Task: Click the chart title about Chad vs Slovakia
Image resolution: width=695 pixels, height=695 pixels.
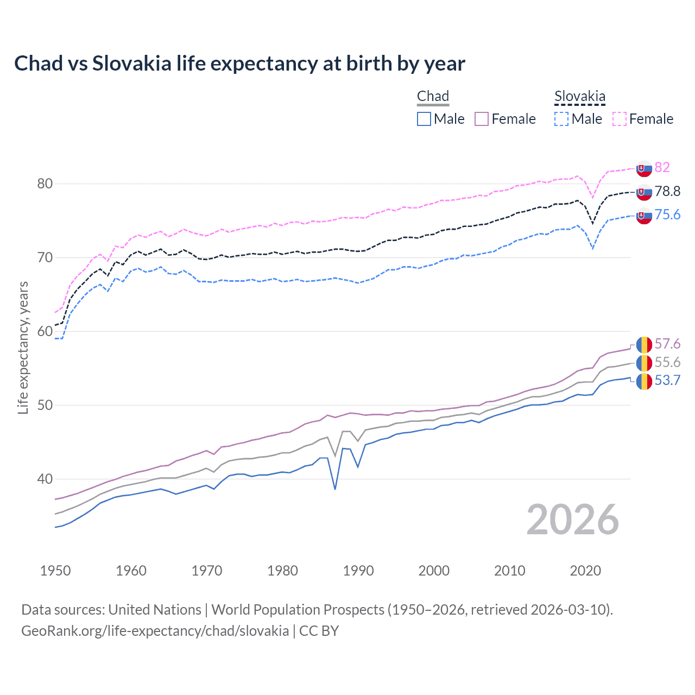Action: pyautogui.click(x=239, y=64)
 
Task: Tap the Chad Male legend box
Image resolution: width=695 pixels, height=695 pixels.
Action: pyautogui.click(x=424, y=119)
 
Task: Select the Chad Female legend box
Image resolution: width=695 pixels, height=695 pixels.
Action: pyautogui.click(x=482, y=119)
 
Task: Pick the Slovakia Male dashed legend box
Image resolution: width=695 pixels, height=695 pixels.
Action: pyautogui.click(x=561, y=119)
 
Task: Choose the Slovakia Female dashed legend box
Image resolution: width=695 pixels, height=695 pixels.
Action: pyautogui.click(x=620, y=119)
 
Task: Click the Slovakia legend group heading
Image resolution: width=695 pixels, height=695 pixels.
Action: pyautogui.click(x=579, y=97)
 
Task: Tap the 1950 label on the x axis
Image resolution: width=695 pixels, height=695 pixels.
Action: pyautogui.click(x=55, y=571)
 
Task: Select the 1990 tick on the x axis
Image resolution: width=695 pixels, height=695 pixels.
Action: pyautogui.click(x=358, y=571)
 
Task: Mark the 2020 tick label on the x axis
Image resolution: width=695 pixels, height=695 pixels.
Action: pyautogui.click(x=585, y=571)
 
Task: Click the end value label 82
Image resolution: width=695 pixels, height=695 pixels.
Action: pyautogui.click(x=662, y=167)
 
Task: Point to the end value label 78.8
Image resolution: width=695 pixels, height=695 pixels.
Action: pyautogui.click(x=667, y=191)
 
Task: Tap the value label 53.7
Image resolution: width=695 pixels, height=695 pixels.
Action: pyautogui.click(x=667, y=380)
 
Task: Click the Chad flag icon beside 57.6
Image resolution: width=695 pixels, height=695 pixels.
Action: pyautogui.click(x=644, y=344)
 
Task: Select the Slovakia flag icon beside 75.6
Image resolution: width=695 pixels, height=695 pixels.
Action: pyautogui.click(x=644, y=216)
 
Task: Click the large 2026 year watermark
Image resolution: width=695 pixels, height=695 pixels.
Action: pyautogui.click(x=572, y=520)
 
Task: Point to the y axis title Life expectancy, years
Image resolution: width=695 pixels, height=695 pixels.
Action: pyautogui.click(x=23, y=347)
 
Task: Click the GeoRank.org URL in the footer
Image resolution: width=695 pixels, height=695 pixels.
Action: pyautogui.click(x=155, y=630)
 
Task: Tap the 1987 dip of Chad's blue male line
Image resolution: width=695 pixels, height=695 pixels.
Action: pyautogui.click(x=335, y=489)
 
